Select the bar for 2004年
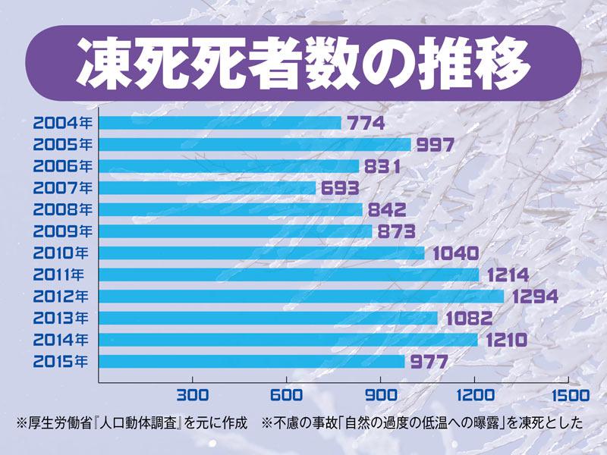pos(220,122)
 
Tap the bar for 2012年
pos(301,296)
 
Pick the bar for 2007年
pos(207,187)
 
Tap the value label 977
pos(429,362)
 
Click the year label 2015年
pos(62,361)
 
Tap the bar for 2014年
pos(288,340)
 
